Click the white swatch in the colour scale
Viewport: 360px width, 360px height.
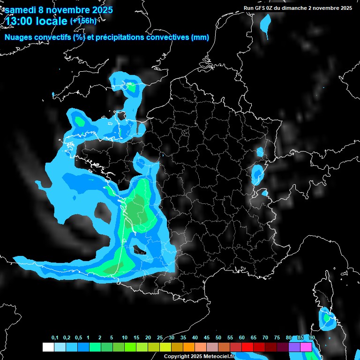48,347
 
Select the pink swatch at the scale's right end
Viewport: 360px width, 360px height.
306,347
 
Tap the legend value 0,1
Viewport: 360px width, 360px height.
55,338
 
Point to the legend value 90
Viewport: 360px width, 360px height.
312,338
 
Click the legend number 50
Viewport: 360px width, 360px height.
218,338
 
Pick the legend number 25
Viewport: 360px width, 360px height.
160,338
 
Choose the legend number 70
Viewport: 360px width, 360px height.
265,338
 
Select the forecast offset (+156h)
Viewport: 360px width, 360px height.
83,21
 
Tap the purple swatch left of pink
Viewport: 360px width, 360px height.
294,347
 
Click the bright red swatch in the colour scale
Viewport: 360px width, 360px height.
247,347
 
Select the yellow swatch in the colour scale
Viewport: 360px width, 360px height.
165,347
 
